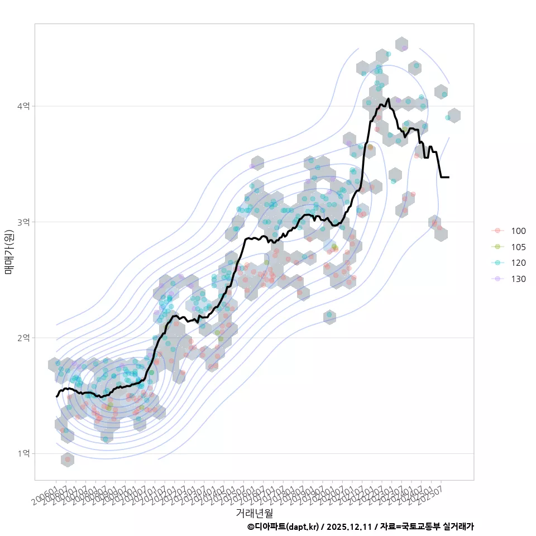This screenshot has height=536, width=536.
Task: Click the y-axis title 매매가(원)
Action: pyautogui.click(x=9, y=251)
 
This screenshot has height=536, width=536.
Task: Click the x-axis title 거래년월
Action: pyautogui.click(x=254, y=512)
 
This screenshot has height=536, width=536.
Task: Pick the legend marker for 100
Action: pyautogui.click(x=497, y=231)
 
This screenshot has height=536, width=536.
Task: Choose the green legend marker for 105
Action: pyautogui.click(x=497, y=247)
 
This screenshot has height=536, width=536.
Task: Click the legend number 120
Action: pyautogui.click(x=518, y=263)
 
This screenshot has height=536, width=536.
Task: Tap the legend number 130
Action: pyautogui.click(x=518, y=279)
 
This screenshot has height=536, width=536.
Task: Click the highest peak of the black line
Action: pyautogui.click(x=388, y=99)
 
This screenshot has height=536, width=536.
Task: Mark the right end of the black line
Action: pyautogui.click(x=448, y=177)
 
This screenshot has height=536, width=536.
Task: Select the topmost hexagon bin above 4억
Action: pyautogui.click(x=401, y=45)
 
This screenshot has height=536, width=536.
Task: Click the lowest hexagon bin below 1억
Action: pyautogui.click(x=68, y=460)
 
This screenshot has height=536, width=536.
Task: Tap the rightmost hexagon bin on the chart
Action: pyautogui.click(x=454, y=116)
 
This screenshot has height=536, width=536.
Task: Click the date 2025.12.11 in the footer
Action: pyautogui.click(x=350, y=527)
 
